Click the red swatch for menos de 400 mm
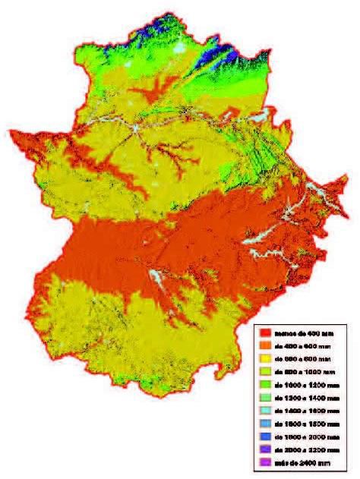265,332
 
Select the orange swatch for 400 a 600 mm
265,345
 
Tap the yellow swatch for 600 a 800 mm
265,358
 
